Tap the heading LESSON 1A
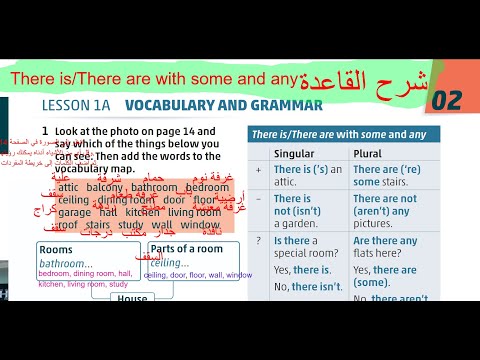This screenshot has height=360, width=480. tap(78, 105)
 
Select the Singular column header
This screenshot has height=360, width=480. tap(299, 153)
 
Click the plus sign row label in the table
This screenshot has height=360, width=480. tap(259, 170)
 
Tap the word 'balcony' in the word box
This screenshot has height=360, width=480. tap(110, 187)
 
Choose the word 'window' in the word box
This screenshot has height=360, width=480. tap(201, 225)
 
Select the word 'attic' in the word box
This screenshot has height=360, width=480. tap(68, 187)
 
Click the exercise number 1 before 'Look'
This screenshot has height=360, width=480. tap(45, 131)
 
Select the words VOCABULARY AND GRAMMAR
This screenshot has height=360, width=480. tap(223, 105)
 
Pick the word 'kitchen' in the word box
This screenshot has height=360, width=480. tap(143, 212)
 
